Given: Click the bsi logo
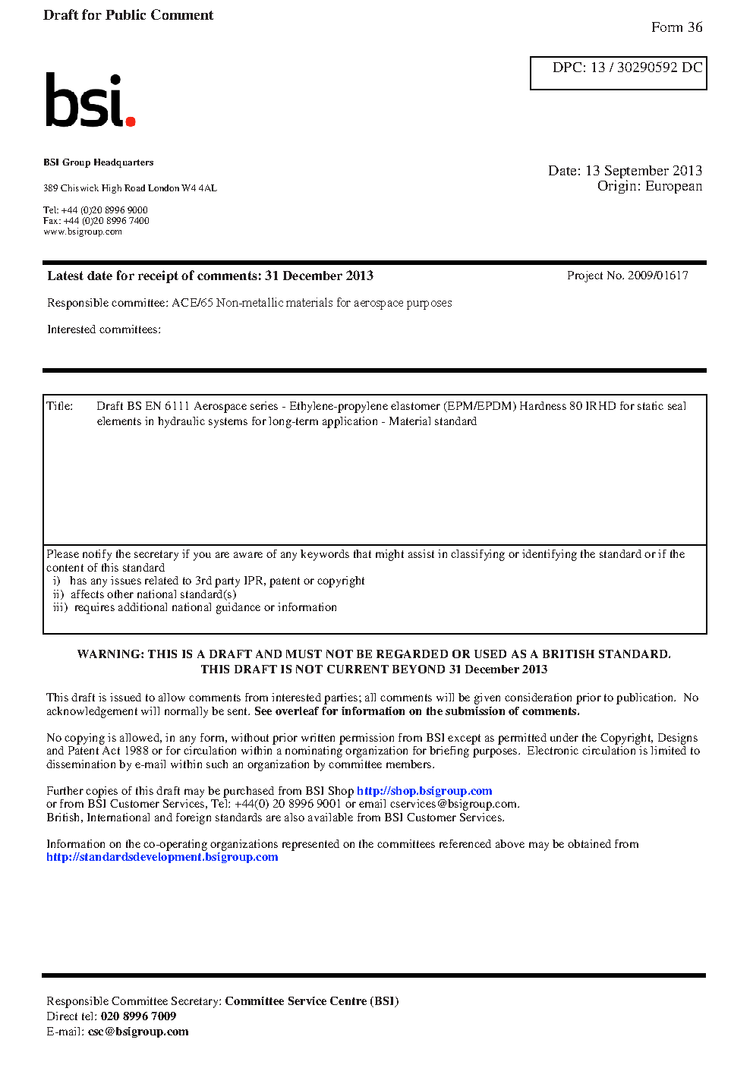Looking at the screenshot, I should point(89,100).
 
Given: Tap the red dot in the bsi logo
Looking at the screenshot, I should point(131,121).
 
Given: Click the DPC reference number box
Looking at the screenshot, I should point(618,73).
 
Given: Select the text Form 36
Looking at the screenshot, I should point(676,27).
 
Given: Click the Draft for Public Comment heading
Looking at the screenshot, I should point(128,15).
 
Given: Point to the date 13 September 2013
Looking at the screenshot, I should point(643,171).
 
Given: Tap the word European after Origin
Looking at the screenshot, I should point(673,187).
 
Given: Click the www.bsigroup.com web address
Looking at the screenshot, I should point(83,232).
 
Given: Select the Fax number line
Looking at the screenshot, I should point(96,221).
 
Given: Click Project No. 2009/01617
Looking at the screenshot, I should point(627,276).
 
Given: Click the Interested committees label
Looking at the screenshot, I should point(104,329).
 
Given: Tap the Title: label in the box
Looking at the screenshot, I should point(60,406).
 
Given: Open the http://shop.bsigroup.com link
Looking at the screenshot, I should point(424,791).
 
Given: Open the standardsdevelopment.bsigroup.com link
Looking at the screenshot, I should point(162,857).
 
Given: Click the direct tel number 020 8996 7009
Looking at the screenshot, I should point(138,1016).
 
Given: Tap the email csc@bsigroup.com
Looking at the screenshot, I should point(138,1032).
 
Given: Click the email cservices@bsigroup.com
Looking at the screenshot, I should point(454,804).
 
